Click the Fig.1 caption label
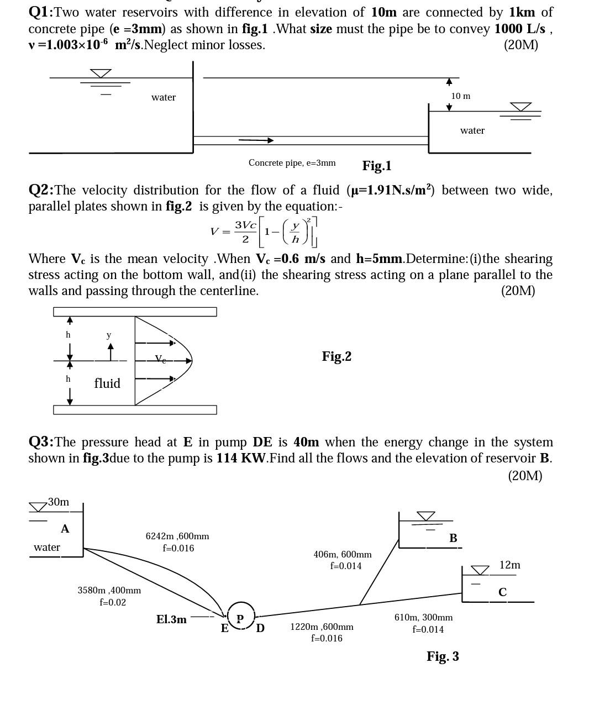[377, 166]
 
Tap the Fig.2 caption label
[336, 356]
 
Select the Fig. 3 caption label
[443, 656]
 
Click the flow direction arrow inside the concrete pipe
[256, 140]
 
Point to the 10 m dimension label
[460, 96]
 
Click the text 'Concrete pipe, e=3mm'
[292, 163]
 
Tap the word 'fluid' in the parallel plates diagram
[107, 383]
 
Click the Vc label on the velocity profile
[160, 359]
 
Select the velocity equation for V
[264, 232]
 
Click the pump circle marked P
[240, 617]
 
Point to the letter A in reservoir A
[65, 529]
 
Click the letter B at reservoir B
[453, 538]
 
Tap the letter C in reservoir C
[502, 592]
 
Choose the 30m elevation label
[59, 502]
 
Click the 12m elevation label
[509, 565]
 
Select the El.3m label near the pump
[171, 620]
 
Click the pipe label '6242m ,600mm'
[177, 536]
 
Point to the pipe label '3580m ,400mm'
[109, 590]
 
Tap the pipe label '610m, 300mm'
[423, 617]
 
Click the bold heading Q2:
[41, 190]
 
